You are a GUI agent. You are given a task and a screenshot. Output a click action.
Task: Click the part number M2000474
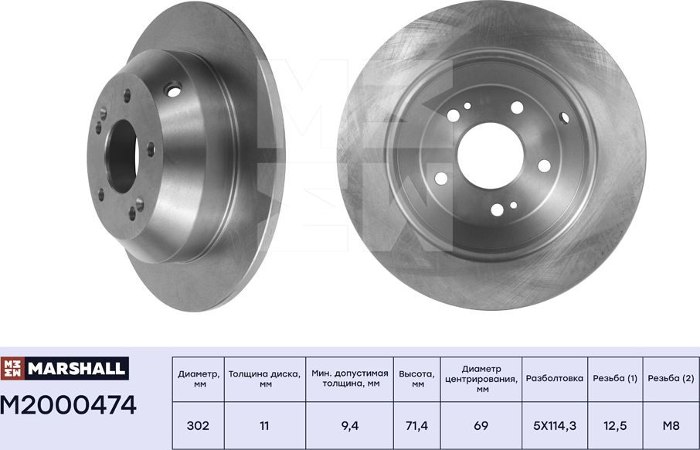pyautogui.click(x=69, y=404)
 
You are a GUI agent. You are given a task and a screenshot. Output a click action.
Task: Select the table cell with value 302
pyautogui.click(x=198, y=425)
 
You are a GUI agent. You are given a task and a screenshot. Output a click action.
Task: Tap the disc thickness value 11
pyautogui.click(x=264, y=425)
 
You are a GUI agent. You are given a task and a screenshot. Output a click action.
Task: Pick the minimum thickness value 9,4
pyautogui.click(x=349, y=425)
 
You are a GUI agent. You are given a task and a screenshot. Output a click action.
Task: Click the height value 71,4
pyautogui.click(x=416, y=425)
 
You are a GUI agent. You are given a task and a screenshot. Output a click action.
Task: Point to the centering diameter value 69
pyautogui.click(x=481, y=425)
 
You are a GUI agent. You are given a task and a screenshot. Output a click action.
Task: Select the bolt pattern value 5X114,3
pyautogui.click(x=555, y=425)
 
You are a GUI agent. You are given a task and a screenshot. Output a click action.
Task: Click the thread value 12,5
pyautogui.click(x=615, y=425)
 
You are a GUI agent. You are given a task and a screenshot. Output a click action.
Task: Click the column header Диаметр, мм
pyautogui.click(x=198, y=379)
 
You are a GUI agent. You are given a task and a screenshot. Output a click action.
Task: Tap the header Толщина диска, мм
pyautogui.click(x=264, y=379)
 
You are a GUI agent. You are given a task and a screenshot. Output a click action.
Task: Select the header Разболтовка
pyautogui.click(x=555, y=379)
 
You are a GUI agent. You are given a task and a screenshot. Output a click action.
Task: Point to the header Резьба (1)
pyautogui.click(x=615, y=379)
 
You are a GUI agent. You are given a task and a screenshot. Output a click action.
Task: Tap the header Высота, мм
pyautogui.click(x=416, y=379)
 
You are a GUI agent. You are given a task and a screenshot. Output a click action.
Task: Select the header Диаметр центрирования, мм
pyautogui.click(x=481, y=379)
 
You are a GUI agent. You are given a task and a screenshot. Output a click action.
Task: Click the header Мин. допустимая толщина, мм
pyautogui.click(x=349, y=379)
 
